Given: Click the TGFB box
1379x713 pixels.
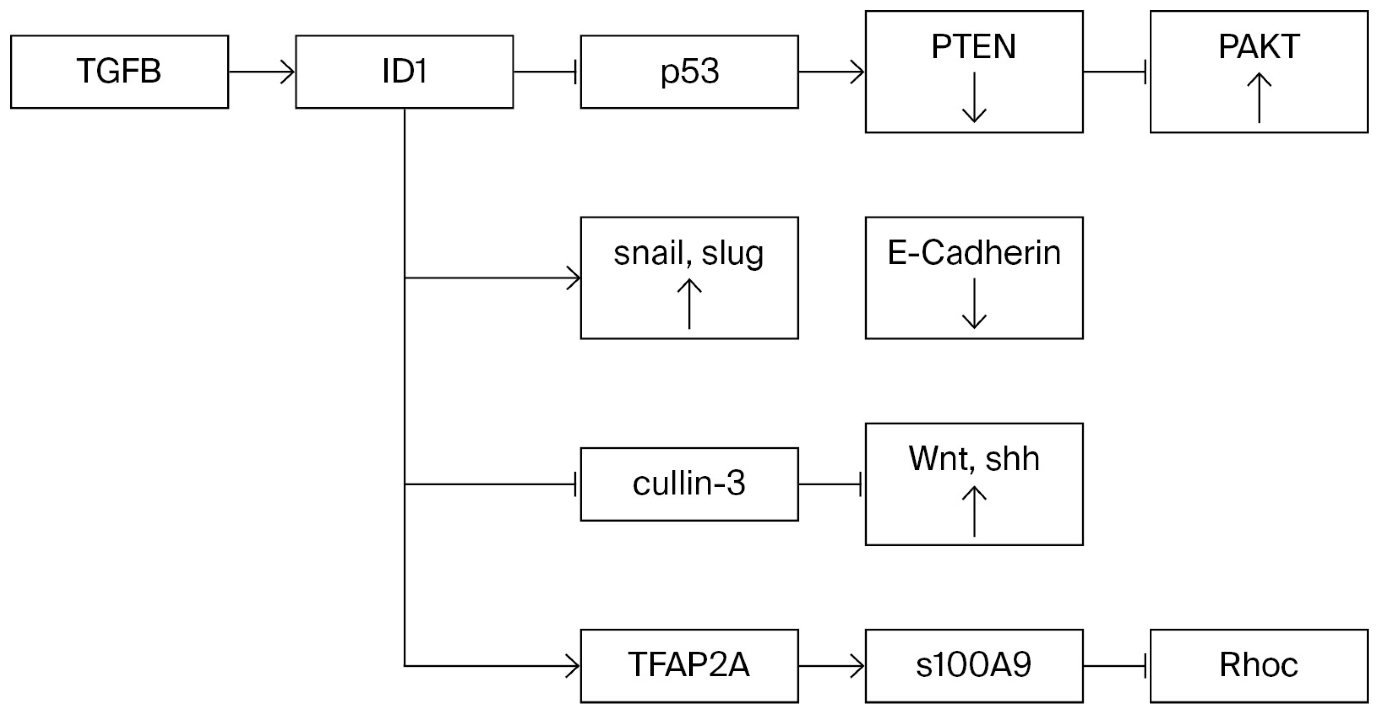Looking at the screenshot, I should (119, 72).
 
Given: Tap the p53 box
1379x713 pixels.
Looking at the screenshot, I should (689, 72).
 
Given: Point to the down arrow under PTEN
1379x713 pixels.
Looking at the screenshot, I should (974, 98).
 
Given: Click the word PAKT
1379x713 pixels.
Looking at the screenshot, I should (1259, 47).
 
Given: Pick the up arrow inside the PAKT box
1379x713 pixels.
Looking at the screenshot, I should (1259, 98).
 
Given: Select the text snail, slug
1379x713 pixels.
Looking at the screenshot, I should (688, 253).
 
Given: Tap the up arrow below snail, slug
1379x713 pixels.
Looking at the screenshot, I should (689, 304).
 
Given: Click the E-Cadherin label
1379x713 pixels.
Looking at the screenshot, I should (974, 253).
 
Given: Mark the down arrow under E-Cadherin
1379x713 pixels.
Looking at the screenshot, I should (974, 303).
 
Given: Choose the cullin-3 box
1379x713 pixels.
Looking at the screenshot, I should (689, 484).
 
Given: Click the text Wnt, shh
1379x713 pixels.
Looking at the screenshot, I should (974, 459).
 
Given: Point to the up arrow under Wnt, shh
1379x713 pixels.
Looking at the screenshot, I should (974, 510).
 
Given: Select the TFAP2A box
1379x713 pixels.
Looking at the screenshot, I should (689, 665).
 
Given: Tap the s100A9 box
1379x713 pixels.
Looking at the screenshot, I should (974, 665).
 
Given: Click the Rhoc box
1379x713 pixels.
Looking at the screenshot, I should (1259, 665).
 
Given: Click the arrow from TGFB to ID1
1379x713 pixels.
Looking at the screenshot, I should (262, 72).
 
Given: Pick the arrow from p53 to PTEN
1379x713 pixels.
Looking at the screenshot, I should (831, 72).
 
